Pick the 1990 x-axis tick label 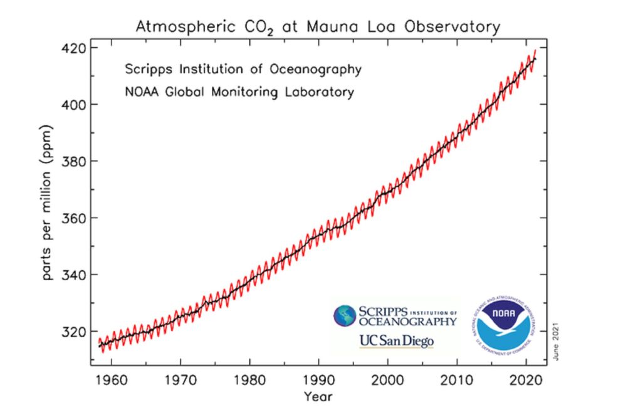coord(318,380)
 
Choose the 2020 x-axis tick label coord(525,380)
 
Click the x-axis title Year coord(318,396)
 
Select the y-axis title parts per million coord(48,202)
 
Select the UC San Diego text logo coord(395,341)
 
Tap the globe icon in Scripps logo coord(345,316)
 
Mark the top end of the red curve coord(535,50)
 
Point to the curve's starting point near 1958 coord(99,344)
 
